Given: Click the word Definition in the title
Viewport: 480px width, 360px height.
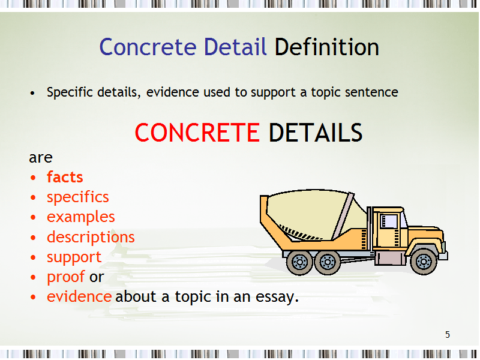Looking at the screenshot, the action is pyautogui.click(x=326, y=47).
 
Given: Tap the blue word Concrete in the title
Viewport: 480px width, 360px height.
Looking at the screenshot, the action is pyautogui.click(x=148, y=47).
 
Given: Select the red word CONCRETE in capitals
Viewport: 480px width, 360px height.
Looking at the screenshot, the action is pyautogui.click(x=197, y=133).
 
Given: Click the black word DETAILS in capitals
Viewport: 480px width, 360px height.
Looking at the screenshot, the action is pyautogui.click(x=316, y=133).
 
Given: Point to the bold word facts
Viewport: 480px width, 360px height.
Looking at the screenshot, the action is pyautogui.click(x=65, y=177).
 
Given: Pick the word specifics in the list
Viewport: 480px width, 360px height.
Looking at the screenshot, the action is pyautogui.click(x=78, y=197).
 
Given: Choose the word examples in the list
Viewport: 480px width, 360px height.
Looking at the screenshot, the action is pyautogui.click(x=81, y=217).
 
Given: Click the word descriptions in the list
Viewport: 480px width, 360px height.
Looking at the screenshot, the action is pyautogui.click(x=91, y=237).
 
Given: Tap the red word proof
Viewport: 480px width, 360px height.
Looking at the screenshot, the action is pyautogui.click(x=66, y=277).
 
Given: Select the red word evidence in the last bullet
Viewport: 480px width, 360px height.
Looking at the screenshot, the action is pyautogui.click(x=79, y=296).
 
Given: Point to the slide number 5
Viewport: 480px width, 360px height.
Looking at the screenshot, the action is pyautogui.click(x=448, y=335).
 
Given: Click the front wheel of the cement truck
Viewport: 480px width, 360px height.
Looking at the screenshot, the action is pyautogui.click(x=424, y=262).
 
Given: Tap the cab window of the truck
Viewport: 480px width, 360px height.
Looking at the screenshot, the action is pyautogui.click(x=389, y=221).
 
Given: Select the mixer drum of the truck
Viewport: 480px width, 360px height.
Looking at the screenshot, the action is pyautogui.click(x=316, y=214).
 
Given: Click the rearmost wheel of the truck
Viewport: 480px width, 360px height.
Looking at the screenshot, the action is pyautogui.click(x=299, y=262).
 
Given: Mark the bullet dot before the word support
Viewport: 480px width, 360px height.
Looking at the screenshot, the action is pyautogui.click(x=33, y=257).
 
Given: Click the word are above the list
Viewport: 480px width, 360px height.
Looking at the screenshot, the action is pyautogui.click(x=41, y=158).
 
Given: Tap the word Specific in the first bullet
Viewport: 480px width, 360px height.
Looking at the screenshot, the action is pyautogui.click(x=70, y=92).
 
